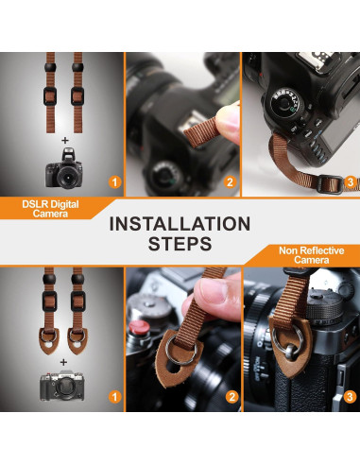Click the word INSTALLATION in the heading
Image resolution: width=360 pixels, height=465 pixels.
[180, 224]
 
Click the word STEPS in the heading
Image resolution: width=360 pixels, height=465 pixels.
[180, 244]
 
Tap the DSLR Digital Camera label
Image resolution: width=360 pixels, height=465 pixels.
[50, 209]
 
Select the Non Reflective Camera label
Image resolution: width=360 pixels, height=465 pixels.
[311, 255]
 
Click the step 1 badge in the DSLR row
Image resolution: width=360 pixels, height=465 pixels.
[114, 182]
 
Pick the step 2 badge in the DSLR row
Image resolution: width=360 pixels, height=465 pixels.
[230, 182]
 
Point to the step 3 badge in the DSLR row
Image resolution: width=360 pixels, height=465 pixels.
[350, 181]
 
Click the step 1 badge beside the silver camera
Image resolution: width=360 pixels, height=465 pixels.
[114, 397]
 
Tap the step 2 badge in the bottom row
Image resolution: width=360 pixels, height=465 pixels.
[231, 397]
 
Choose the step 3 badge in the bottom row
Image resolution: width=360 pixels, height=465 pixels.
[350, 397]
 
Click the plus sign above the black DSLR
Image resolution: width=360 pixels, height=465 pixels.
[65, 141]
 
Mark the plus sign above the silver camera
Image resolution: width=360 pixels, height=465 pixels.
[64, 362]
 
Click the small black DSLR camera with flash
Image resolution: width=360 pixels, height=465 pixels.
[64, 168]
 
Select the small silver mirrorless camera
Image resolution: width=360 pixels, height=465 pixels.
[62, 386]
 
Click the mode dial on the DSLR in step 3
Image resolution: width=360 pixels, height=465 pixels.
[285, 102]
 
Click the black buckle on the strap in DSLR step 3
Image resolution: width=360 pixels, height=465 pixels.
[330, 184]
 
